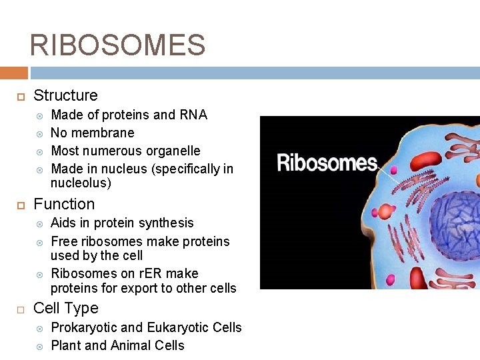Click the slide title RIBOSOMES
[x=117, y=45]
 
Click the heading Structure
[x=65, y=95]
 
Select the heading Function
[x=64, y=204]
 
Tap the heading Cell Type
[x=65, y=308]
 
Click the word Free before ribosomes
[x=65, y=241]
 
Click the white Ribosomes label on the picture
[x=327, y=163]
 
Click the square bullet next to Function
[x=21, y=204]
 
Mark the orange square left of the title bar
[x=13, y=73]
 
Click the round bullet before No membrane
[x=40, y=133]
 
